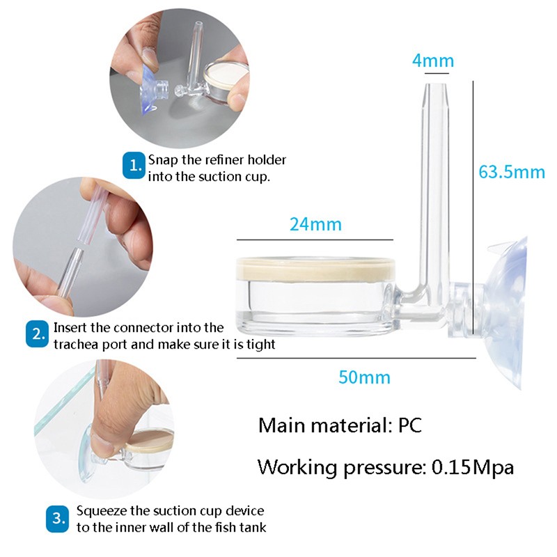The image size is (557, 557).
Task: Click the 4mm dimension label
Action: pos(433,61)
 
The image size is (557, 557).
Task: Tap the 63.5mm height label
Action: pos(512,171)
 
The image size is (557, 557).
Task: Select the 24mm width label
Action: pos(315,224)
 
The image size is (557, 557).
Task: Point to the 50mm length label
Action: pos(364,378)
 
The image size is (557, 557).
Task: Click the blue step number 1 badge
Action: pos(134,166)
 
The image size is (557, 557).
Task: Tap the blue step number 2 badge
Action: pos(37,335)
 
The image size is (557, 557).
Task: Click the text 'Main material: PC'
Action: pos(340,425)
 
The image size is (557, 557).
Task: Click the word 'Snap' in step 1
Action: pos(162,160)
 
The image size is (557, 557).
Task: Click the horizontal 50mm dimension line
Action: pos(355,359)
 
